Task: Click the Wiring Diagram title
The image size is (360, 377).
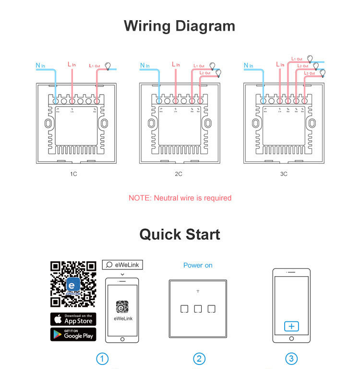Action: click(x=180, y=25)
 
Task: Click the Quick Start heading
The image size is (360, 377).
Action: click(x=180, y=234)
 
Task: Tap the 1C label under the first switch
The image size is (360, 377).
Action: click(x=73, y=174)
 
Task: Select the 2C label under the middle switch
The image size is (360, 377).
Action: click(x=178, y=174)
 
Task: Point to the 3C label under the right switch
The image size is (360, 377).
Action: click(x=284, y=174)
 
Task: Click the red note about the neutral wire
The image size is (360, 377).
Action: click(x=180, y=198)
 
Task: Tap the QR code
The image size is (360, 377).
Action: click(x=73, y=284)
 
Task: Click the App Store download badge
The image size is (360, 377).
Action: click(x=73, y=319)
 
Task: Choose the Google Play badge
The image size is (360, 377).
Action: click(x=73, y=334)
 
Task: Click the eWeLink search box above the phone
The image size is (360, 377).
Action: click(x=122, y=265)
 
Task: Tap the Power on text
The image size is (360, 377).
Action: click(x=198, y=265)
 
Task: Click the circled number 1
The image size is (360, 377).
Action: click(x=102, y=359)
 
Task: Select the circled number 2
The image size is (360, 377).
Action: click(x=199, y=359)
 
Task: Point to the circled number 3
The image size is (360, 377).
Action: click(x=291, y=359)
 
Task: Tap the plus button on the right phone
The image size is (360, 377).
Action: click(x=291, y=327)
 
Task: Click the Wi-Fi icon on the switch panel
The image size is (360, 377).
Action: click(x=198, y=292)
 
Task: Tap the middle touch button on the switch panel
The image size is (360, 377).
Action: click(x=198, y=309)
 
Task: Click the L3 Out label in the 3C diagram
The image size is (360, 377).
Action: click(x=309, y=73)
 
